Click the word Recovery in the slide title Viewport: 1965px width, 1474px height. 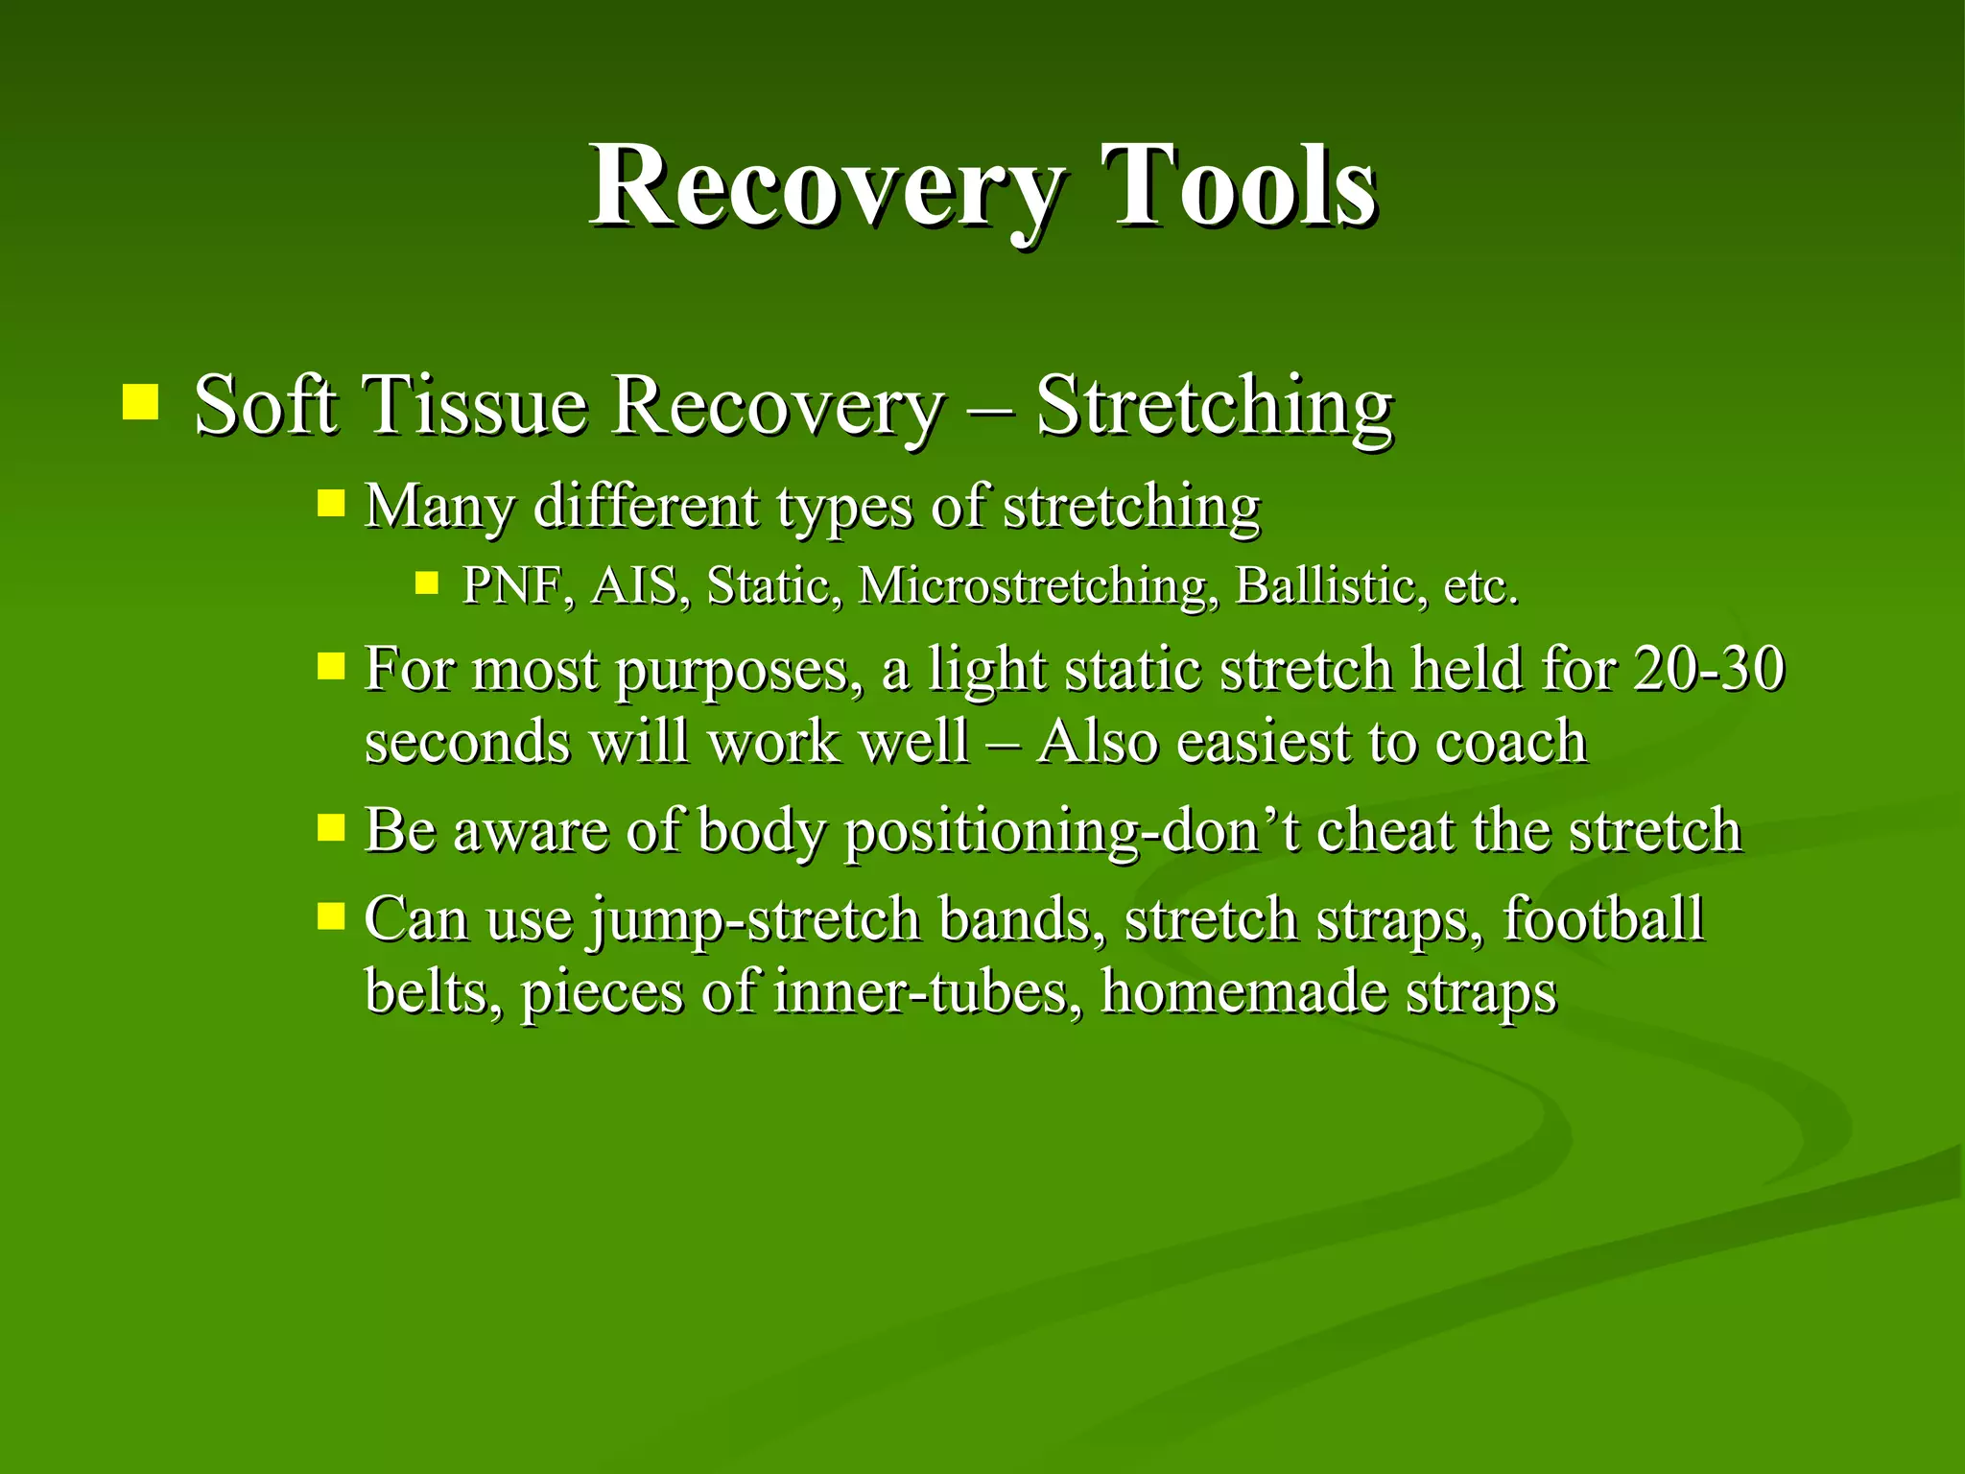point(825,187)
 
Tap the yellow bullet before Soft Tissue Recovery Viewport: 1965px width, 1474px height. point(140,402)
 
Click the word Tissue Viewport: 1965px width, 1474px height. point(476,405)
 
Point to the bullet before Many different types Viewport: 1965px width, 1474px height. point(331,503)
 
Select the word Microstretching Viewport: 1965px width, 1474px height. point(1032,585)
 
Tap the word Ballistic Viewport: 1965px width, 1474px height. point(1324,585)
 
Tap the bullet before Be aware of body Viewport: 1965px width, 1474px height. point(331,827)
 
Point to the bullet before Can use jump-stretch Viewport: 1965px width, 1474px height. point(331,915)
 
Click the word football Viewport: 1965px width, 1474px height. point(1602,918)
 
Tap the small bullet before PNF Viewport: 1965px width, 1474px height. point(427,582)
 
